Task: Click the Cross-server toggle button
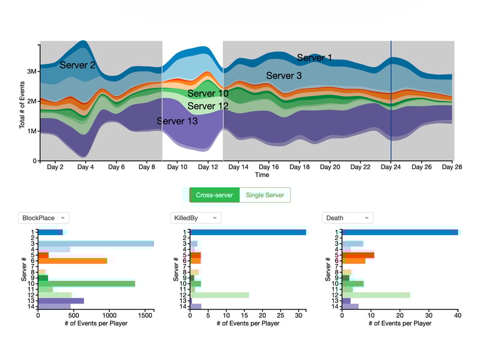(x=214, y=195)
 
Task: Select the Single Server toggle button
(x=265, y=195)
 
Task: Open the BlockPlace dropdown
(x=44, y=218)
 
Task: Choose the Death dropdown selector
(x=347, y=218)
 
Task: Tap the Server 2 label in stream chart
(x=77, y=65)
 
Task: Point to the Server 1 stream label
(x=314, y=58)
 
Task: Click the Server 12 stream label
(x=208, y=106)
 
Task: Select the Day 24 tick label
(x=391, y=167)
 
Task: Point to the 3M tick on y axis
(x=31, y=71)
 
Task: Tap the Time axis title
(x=262, y=175)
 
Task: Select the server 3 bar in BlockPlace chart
(x=96, y=244)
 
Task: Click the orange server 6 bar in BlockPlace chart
(x=73, y=261)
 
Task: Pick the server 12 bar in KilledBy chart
(x=220, y=295)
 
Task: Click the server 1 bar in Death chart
(x=400, y=232)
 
